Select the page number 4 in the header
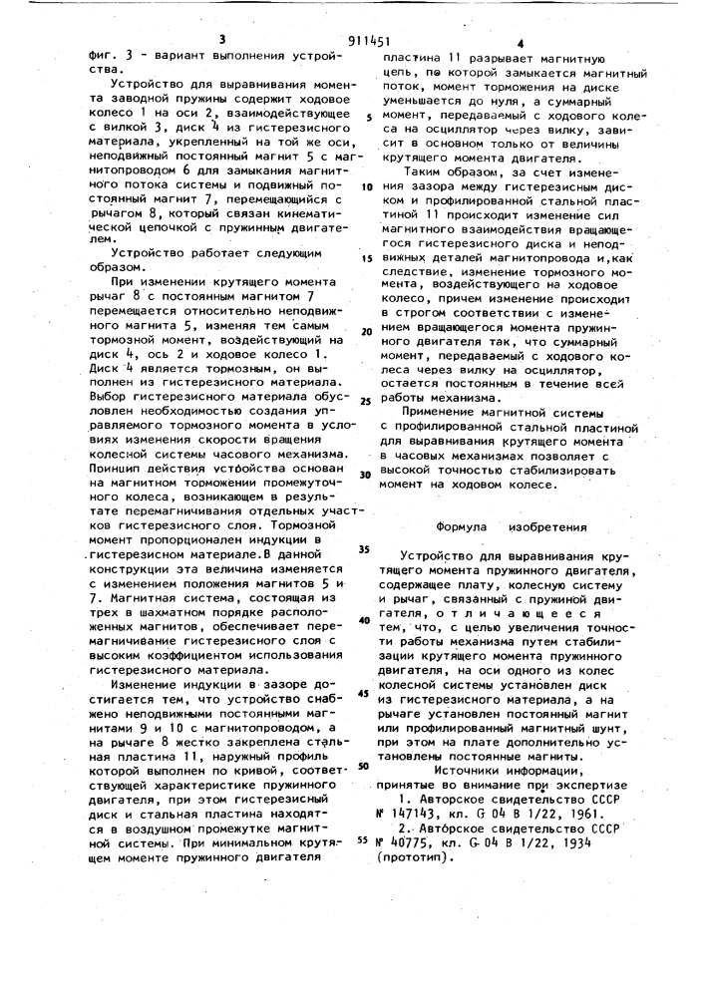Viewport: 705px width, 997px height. pyautogui.click(x=521, y=44)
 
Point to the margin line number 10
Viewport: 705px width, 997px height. pyautogui.click(x=367, y=186)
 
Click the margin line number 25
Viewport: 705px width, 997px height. pyautogui.click(x=366, y=401)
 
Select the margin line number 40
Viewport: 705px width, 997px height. pyautogui.click(x=366, y=620)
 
